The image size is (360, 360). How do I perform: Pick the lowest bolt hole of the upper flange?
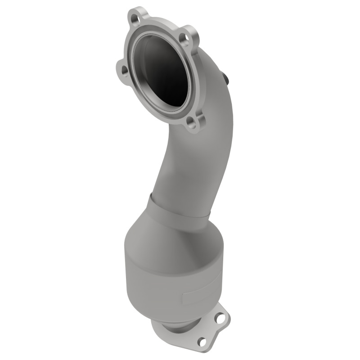point(193,122)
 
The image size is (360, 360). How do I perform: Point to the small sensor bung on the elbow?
point(226,78)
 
